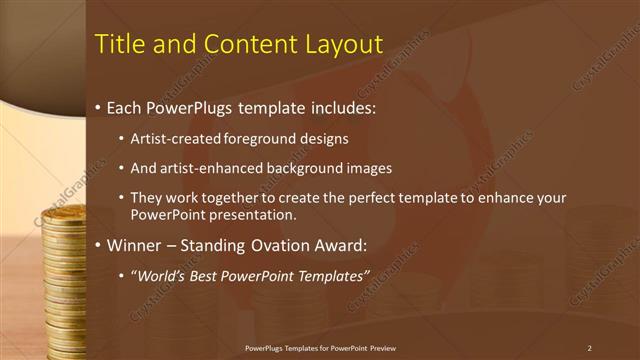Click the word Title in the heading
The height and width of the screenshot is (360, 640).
click(x=117, y=45)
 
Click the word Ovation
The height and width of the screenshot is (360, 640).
click(x=279, y=245)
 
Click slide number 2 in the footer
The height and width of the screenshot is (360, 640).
click(x=589, y=348)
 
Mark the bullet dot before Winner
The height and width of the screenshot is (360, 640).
click(x=97, y=246)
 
